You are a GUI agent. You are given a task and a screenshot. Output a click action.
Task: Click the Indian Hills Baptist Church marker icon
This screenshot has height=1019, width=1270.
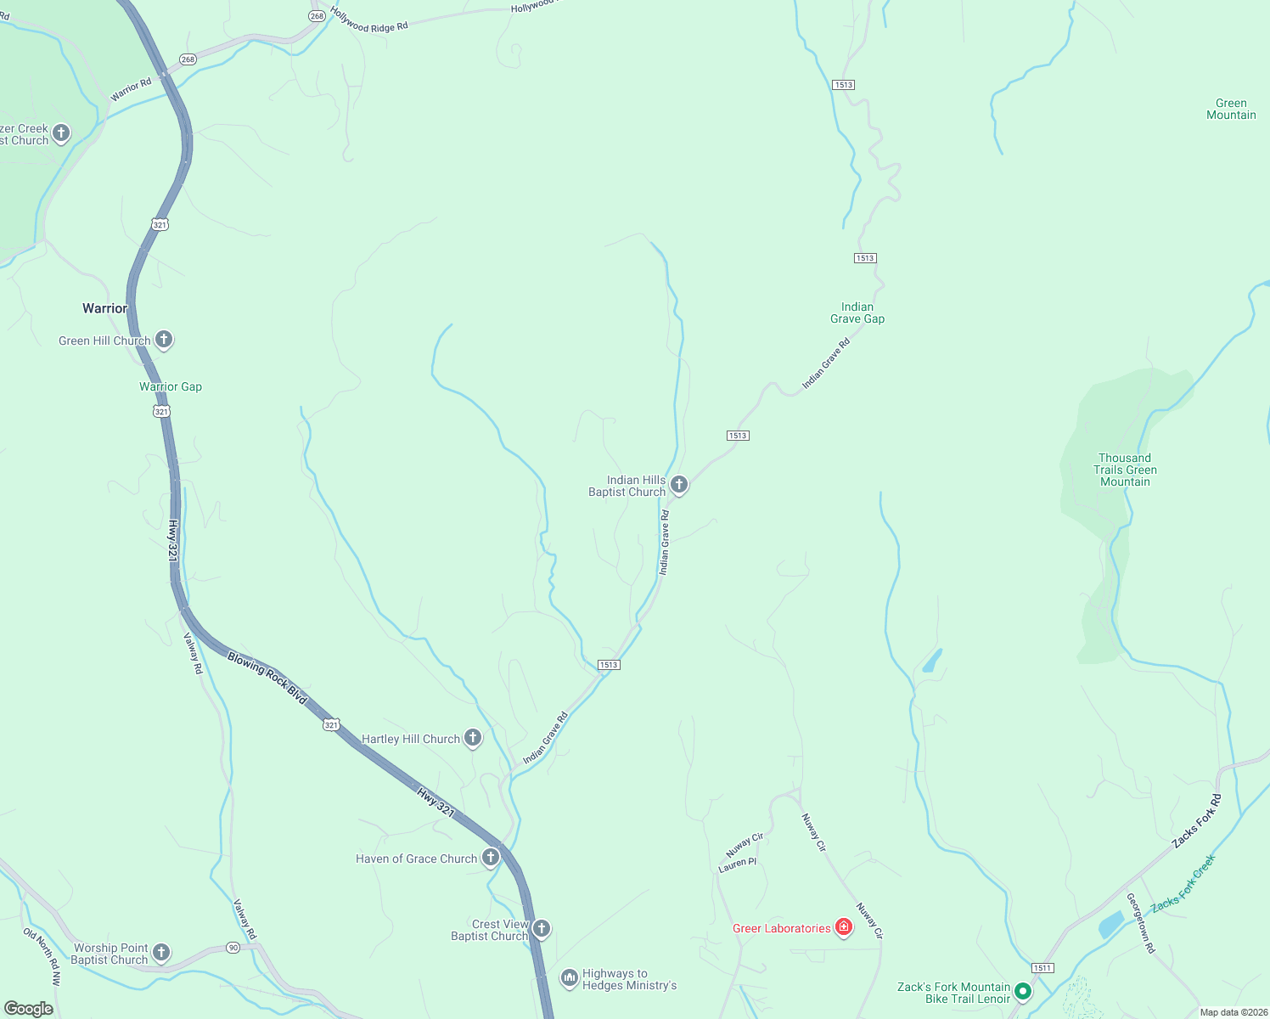coord(678,485)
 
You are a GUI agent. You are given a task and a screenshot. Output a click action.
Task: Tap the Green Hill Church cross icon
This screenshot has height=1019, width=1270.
coord(164,340)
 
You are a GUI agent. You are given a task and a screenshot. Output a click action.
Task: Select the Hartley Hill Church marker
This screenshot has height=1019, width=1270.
coord(473,738)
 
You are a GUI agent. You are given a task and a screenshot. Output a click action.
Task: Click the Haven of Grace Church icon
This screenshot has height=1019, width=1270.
coord(490,858)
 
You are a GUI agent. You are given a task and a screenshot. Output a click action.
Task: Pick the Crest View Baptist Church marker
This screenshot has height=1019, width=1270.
coord(541,929)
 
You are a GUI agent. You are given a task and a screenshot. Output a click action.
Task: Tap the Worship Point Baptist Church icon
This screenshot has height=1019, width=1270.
coord(160,953)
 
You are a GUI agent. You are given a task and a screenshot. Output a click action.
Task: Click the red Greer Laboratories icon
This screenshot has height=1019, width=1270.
coord(843,927)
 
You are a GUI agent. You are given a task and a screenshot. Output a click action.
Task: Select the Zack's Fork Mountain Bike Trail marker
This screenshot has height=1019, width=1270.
coord(1023,991)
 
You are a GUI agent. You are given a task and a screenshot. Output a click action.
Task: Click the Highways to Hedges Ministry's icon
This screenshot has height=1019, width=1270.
coord(569,978)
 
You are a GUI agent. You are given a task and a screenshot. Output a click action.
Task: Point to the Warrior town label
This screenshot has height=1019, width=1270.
coord(104,308)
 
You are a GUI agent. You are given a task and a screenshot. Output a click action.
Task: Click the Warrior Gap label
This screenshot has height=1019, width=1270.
coord(171,386)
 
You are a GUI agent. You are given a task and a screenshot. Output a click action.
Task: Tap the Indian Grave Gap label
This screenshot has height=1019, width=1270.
coord(857,313)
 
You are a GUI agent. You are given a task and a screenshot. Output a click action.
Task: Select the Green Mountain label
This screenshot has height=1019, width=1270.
coord(1231,110)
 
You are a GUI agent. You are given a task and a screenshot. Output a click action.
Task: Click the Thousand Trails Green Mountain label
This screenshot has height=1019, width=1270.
coord(1125,470)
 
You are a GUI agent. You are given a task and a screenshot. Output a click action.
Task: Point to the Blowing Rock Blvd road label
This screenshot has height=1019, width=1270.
coord(267,678)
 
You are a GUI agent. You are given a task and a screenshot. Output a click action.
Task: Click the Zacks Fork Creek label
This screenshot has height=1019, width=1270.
coord(1183,883)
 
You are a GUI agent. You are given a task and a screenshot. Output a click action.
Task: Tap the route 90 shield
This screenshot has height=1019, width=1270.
coord(233,948)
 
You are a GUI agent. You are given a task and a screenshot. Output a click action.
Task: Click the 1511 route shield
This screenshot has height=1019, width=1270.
coord(1042,968)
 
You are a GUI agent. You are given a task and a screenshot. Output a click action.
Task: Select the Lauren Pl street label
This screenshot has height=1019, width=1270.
coord(737,865)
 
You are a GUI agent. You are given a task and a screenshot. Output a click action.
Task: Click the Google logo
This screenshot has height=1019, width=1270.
coord(29,1009)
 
